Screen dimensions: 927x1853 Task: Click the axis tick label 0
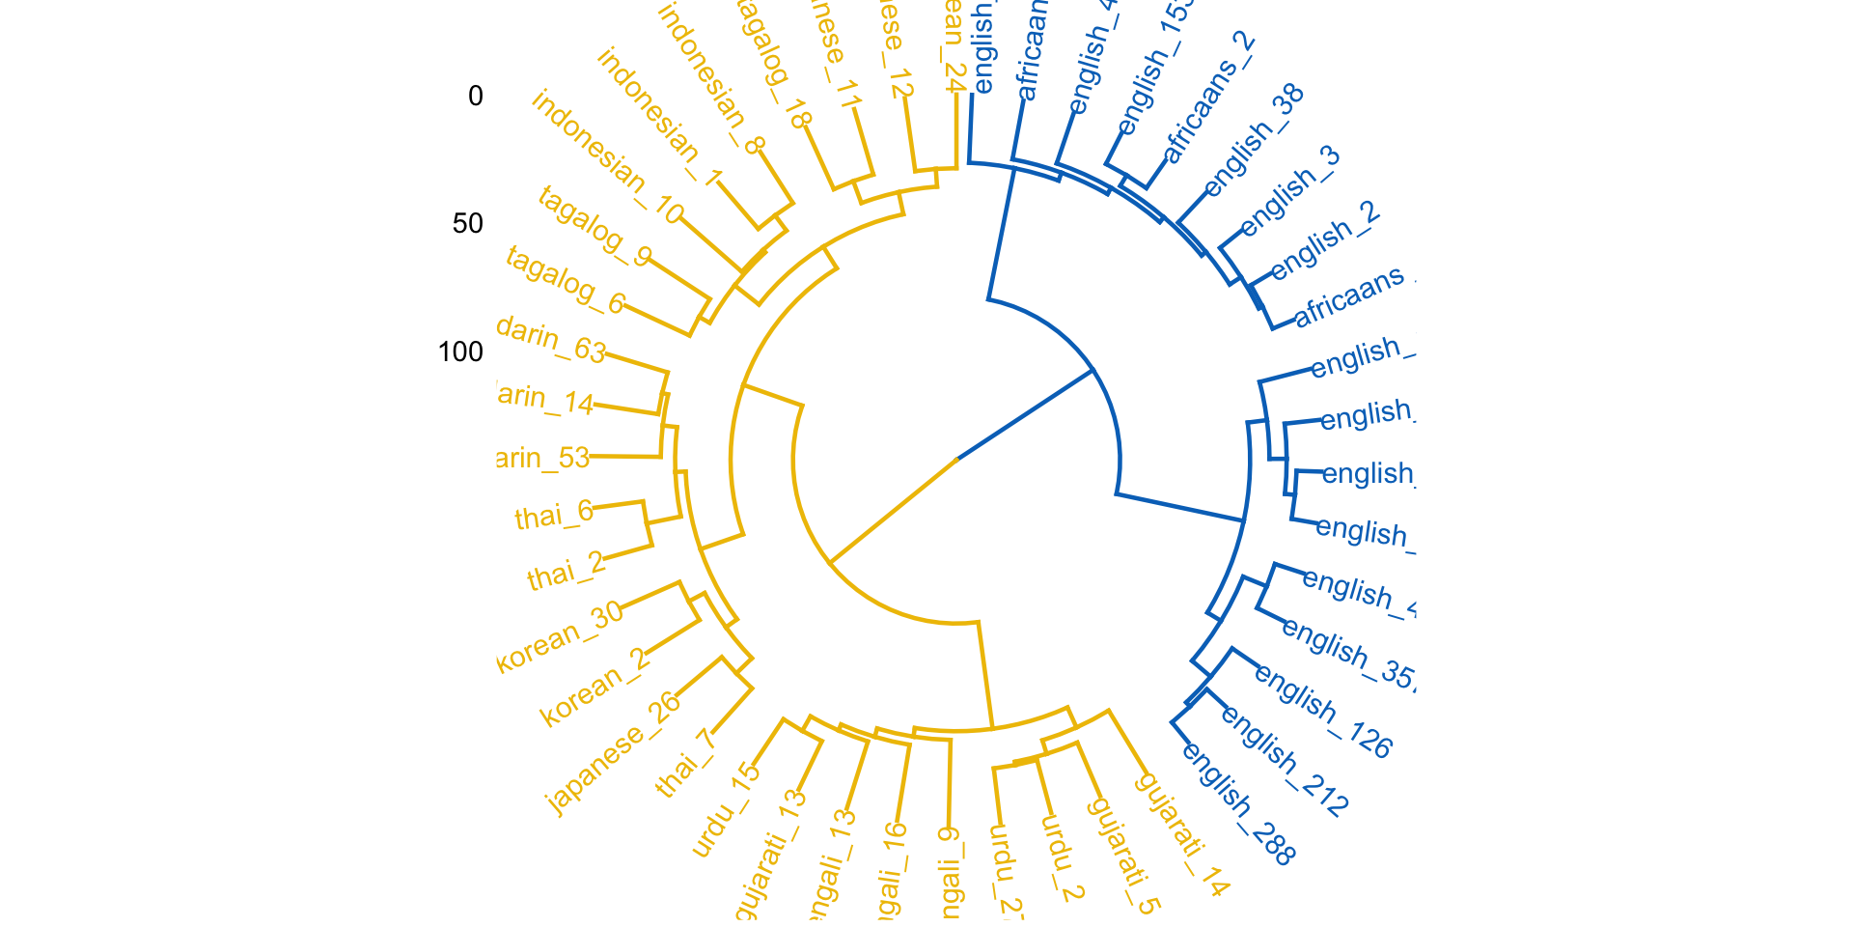click(x=475, y=97)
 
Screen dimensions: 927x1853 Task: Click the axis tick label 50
click(x=467, y=224)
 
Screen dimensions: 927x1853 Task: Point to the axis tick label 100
click(x=460, y=351)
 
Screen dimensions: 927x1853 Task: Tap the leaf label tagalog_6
click(x=566, y=281)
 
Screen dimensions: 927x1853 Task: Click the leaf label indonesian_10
click(x=607, y=155)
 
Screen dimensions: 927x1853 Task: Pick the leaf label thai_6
click(x=554, y=516)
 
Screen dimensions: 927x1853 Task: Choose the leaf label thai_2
click(x=566, y=572)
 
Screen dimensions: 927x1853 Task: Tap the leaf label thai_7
click(x=685, y=764)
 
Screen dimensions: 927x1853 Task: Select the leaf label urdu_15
click(x=727, y=810)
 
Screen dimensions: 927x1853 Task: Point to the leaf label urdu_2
click(x=1063, y=857)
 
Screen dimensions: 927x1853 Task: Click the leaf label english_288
click(x=1238, y=803)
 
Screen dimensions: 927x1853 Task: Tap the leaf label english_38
click(x=1255, y=140)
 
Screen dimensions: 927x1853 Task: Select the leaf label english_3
click(x=1290, y=191)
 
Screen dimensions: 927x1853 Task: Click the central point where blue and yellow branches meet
click(x=957, y=458)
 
